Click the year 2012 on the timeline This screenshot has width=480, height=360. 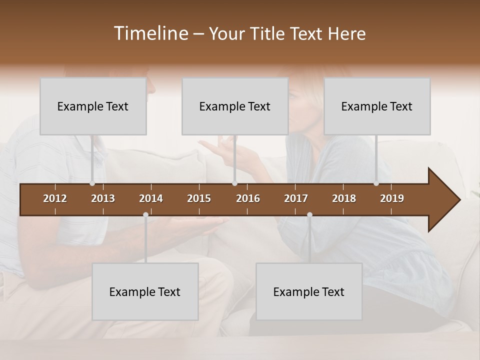tap(55, 198)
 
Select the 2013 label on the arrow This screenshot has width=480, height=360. tap(103, 198)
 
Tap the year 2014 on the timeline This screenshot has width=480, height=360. tap(151, 198)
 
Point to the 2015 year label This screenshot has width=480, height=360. tap(199, 198)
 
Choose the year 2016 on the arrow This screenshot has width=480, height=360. tap(248, 198)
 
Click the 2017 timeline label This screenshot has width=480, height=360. tap(296, 198)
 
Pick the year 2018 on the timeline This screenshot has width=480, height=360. tap(344, 198)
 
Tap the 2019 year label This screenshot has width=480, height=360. tap(392, 198)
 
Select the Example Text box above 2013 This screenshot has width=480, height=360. tap(93, 106)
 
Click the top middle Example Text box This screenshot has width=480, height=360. tap(235, 106)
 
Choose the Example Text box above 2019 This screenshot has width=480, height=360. tap(377, 106)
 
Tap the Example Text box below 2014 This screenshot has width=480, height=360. tap(145, 292)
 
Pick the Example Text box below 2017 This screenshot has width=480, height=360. tap(309, 292)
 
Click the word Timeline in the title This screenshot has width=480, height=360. tap(150, 33)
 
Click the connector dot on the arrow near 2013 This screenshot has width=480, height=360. tap(92, 183)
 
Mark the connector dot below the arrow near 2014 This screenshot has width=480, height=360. tap(145, 214)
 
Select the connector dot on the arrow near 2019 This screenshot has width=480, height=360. tap(376, 183)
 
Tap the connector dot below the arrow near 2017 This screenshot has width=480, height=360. tap(309, 214)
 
